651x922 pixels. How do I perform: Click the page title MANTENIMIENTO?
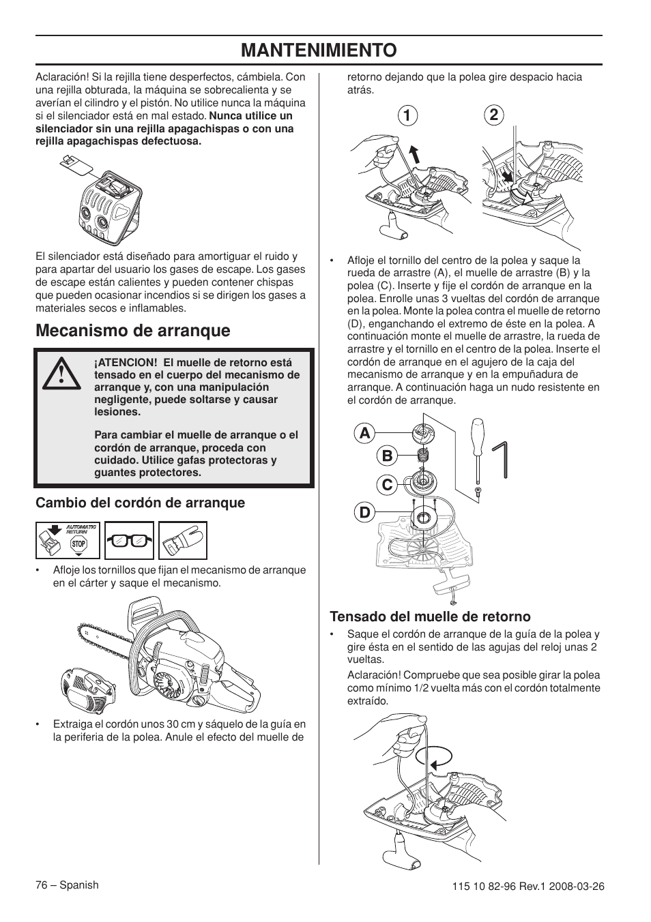[319, 50]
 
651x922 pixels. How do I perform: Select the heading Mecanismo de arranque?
[133, 331]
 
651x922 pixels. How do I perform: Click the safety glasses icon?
[130, 541]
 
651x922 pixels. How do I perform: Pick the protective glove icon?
[182, 541]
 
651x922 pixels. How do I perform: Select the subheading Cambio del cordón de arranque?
[140, 503]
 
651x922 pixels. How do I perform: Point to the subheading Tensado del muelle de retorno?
[430, 616]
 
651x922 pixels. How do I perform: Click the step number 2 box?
[493, 115]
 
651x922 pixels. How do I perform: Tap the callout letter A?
[365, 434]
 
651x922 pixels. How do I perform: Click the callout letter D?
[365, 511]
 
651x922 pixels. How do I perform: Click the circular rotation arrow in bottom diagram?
[423, 757]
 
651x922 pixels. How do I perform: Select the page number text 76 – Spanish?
[67, 884]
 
